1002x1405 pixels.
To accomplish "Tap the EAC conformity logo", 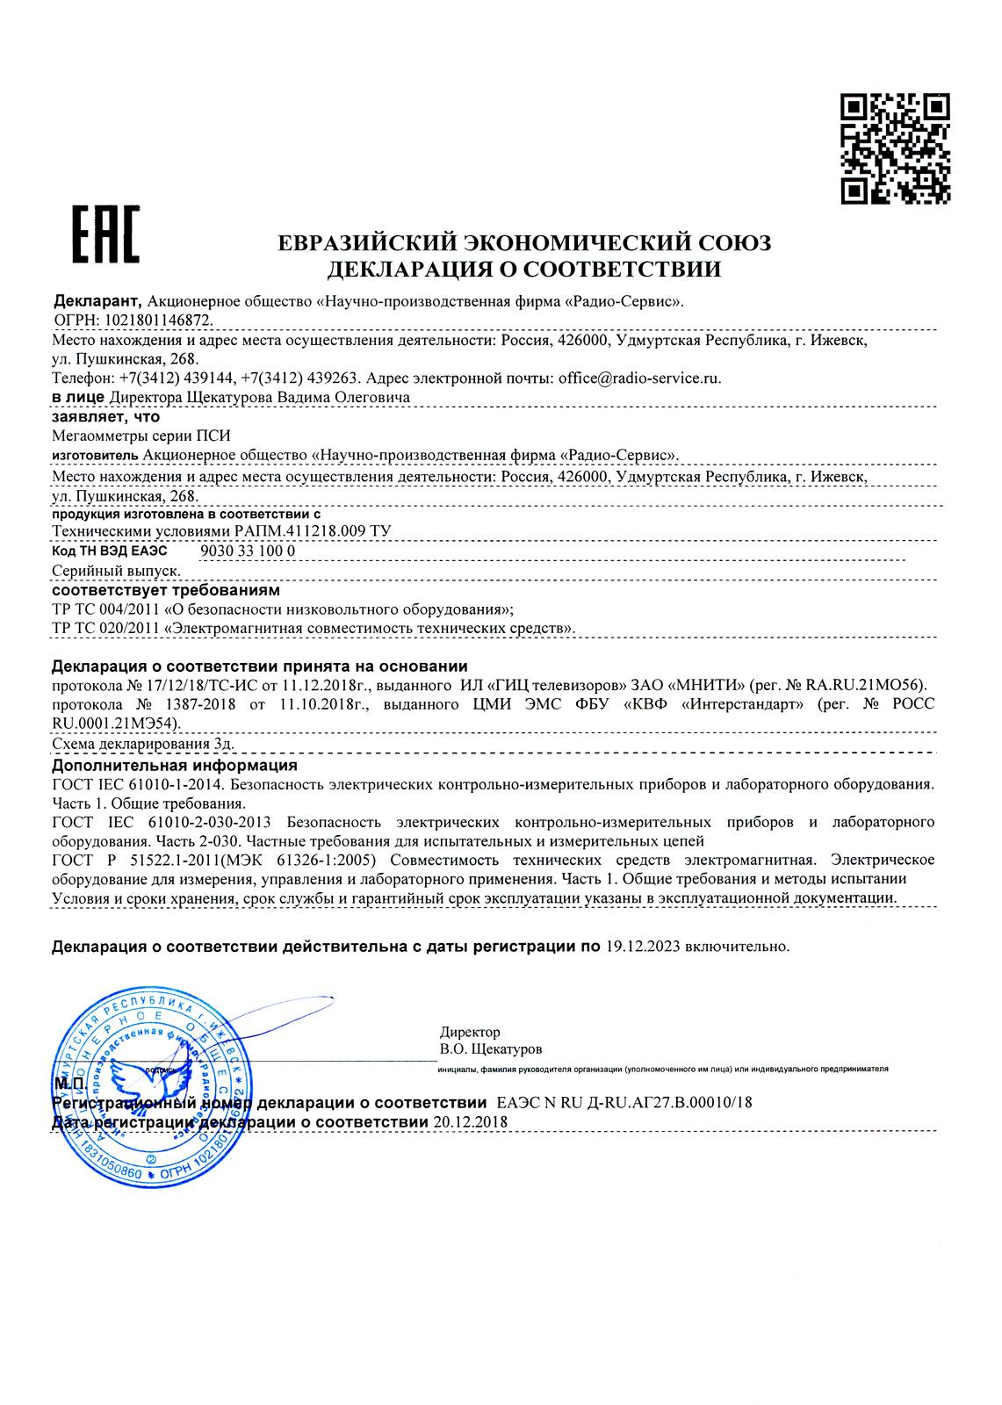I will pos(105,234).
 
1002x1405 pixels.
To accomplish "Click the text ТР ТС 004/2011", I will pos(105,609).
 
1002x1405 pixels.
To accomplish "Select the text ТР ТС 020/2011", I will pos(105,628).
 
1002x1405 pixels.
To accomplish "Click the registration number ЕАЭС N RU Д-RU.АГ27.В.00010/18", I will pos(624,1103).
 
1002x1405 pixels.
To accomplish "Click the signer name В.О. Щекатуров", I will pos(491,1048).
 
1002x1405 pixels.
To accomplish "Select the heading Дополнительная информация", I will pos(175,765).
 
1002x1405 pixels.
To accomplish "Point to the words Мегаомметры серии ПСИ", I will pos(141,435).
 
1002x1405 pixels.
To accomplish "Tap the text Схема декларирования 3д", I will pos(143,745).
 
